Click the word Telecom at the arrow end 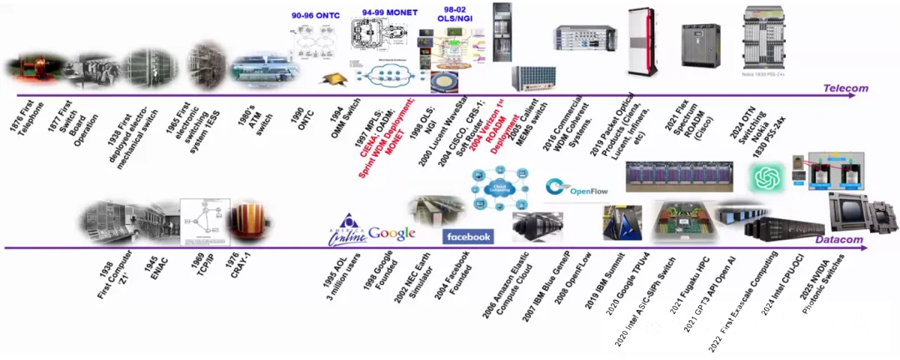[x=845, y=87]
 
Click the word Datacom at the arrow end [x=837, y=239]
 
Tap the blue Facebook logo [x=467, y=237]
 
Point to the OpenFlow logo [x=577, y=189]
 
